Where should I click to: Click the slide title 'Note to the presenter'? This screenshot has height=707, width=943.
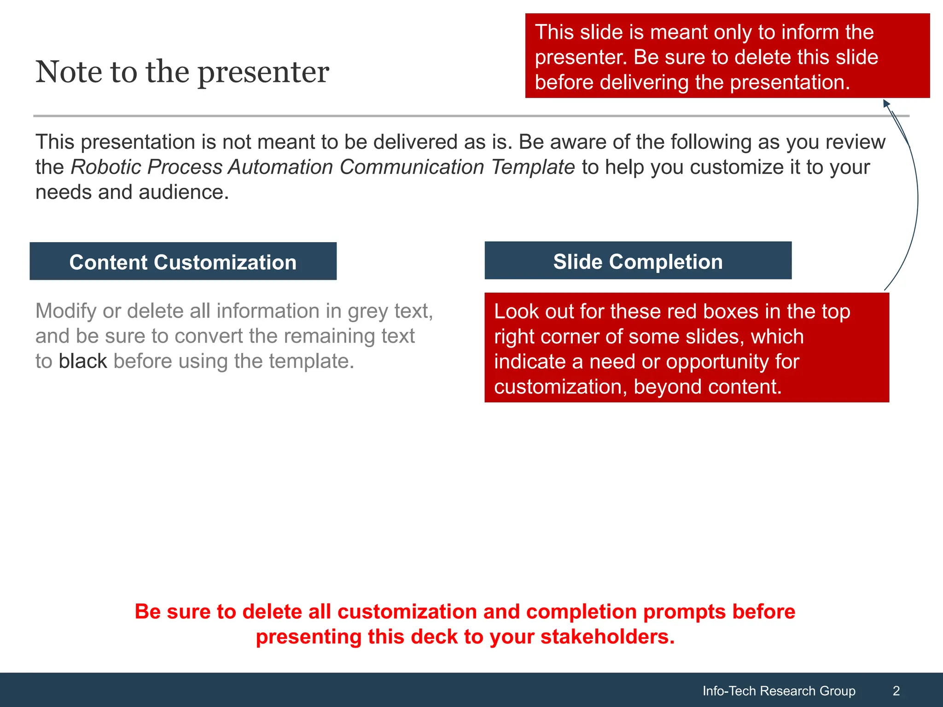[182, 72]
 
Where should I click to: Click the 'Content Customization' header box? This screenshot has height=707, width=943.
[183, 262]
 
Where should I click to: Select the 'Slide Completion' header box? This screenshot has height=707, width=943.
[638, 261]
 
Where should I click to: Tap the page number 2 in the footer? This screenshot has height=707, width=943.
[896, 691]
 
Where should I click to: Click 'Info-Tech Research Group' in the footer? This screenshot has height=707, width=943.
[779, 691]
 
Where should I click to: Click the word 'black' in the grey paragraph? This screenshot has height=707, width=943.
[83, 361]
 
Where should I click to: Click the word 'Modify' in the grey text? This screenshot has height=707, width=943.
[66, 312]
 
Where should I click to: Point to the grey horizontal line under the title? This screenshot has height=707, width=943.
[460, 116]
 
